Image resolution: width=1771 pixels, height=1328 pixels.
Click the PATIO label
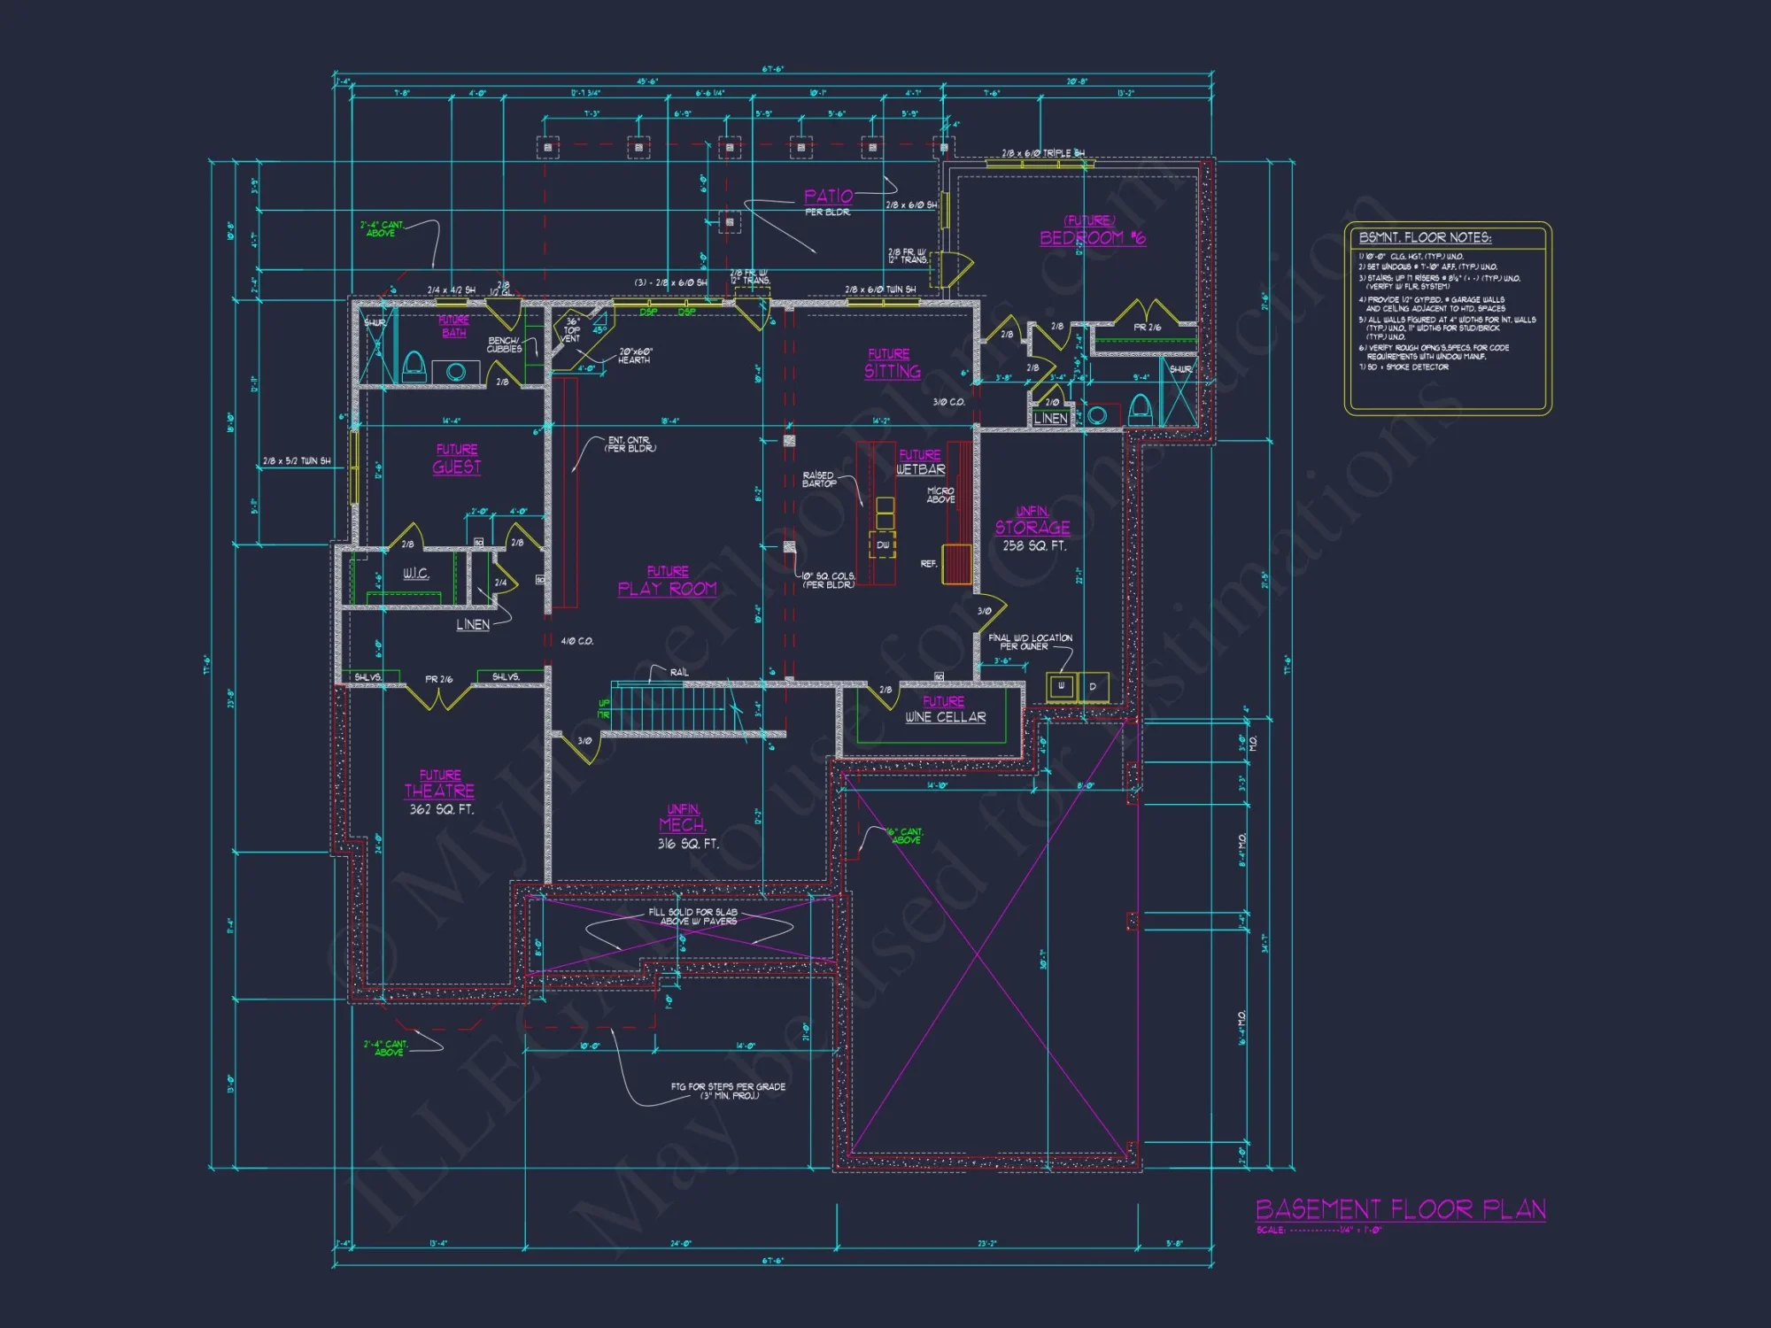(828, 197)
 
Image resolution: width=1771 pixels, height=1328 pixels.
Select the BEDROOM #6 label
(1092, 237)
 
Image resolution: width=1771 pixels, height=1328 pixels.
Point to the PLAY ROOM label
(667, 589)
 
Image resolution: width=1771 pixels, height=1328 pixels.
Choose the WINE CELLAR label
(945, 717)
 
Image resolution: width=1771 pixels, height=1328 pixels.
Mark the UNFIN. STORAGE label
(1032, 528)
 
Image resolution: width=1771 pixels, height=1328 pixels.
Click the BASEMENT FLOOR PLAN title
(1400, 1209)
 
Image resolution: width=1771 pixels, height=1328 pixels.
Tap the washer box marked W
(1061, 686)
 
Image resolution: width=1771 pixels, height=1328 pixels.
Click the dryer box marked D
(1093, 686)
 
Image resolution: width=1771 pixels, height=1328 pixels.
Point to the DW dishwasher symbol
(883, 545)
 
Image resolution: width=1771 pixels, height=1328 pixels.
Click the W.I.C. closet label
(415, 574)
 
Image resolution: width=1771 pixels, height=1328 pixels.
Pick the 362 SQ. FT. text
(441, 809)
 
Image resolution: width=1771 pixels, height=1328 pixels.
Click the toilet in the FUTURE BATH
(414, 367)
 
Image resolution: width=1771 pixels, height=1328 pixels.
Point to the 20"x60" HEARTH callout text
(635, 356)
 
